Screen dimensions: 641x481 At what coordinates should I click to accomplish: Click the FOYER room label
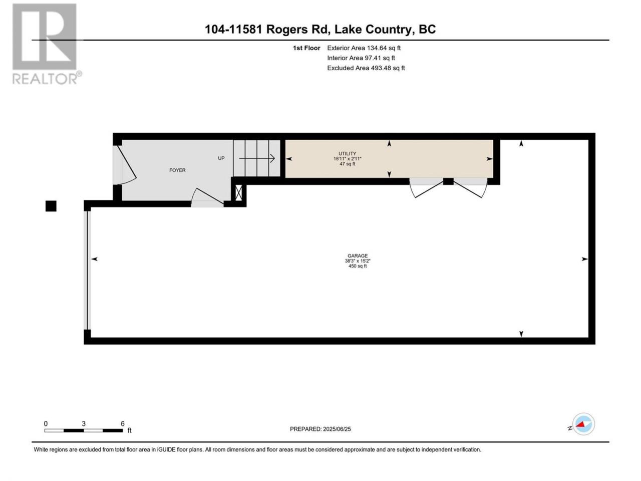pos(177,170)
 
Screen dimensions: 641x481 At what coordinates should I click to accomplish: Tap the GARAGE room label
pos(358,256)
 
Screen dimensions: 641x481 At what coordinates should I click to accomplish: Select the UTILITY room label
pos(347,154)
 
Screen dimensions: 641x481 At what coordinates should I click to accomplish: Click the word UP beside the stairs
pos(221,158)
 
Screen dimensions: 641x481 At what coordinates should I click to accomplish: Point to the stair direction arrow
pos(257,159)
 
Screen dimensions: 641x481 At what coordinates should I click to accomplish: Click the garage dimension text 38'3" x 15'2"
pos(358,261)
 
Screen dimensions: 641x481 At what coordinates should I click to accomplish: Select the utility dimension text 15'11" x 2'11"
pos(348,159)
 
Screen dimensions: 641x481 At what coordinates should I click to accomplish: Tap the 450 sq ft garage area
pos(358,266)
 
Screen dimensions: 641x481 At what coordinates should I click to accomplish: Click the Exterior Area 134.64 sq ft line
pos(364,48)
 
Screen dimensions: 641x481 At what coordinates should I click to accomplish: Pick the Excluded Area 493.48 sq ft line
pos(366,68)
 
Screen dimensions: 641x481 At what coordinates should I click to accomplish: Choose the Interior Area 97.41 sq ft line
pos(361,58)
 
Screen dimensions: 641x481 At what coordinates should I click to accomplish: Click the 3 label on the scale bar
pos(84,424)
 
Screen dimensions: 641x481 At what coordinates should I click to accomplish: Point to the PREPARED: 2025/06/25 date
pos(320,429)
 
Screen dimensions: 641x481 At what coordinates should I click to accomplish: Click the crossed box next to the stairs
pos(238,193)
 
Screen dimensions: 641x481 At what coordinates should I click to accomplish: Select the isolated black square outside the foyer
pos(51,206)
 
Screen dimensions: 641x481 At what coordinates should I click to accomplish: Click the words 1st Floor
pos(306,48)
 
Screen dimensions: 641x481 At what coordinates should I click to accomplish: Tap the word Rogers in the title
pos(286,30)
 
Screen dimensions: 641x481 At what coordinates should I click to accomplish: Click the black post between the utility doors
pos(448,181)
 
